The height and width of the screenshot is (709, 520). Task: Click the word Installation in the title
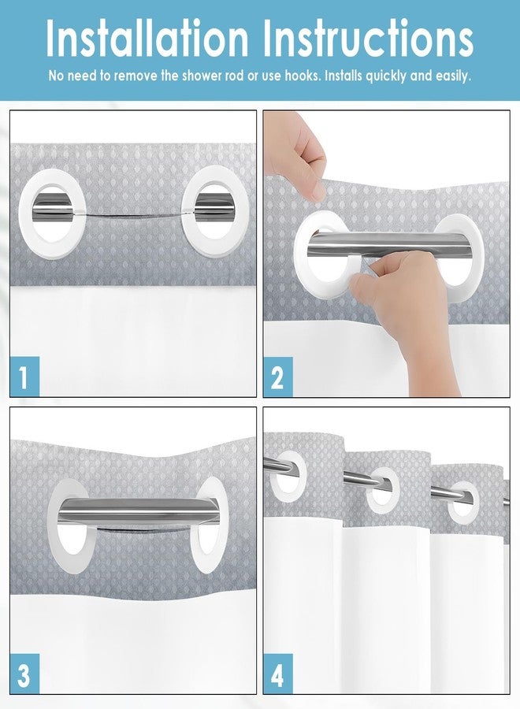point(147,39)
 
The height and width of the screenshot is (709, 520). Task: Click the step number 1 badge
point(24,377)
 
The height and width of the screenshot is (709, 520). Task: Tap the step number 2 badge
point(277,377)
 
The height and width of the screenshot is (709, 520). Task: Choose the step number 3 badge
point(24,674)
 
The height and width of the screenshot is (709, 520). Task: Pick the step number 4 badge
point(277,674)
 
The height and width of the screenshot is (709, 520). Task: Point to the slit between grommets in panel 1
point(134,213)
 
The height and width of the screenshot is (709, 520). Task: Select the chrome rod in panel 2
point(393,245)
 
